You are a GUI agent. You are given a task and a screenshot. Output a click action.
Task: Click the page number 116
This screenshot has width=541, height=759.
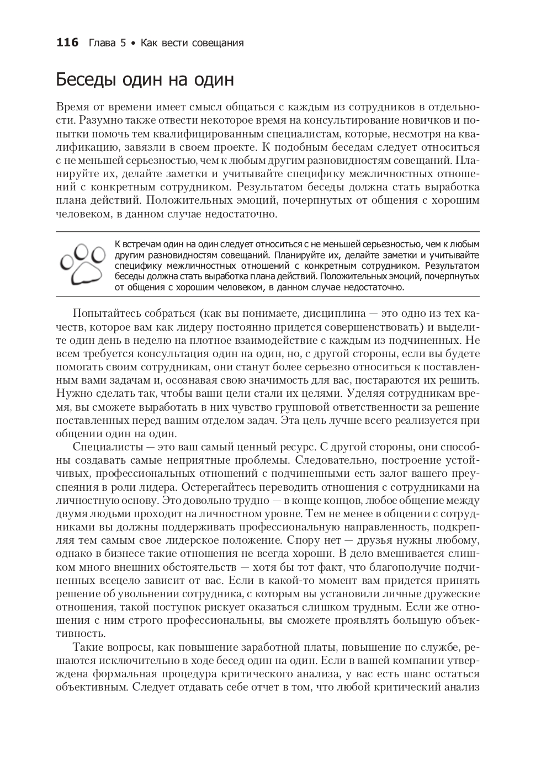(x=68, y=43)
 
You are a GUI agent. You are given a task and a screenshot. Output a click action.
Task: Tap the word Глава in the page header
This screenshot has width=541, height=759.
(x=100, y=43)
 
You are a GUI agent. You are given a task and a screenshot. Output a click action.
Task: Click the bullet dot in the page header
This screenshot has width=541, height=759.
(x=132, y=43)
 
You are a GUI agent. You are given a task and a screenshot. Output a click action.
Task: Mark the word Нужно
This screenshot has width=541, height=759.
(x=71, y=394)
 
